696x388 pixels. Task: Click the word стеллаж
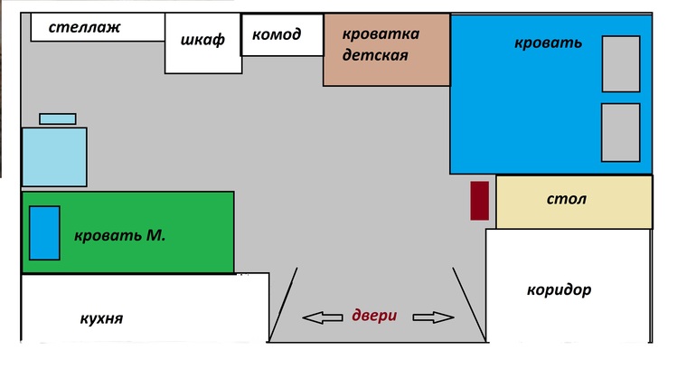pyautogui.click(x=84, y=27)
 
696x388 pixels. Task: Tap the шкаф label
pyautogui.click(x=202, y=40)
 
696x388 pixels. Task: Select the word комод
pyautogui.click(x=277, y=34)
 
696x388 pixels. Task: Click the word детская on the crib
pyautogui.click(x=375, y=55)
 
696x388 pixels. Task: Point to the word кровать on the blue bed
pyautogui.click(x=548, y=43)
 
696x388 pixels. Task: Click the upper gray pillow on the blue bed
pyautogui.click(x=621, y=64)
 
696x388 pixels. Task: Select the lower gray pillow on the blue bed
pyautogui.click(x=621, y=132)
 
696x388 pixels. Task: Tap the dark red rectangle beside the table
pyautogui.click(x=479, y=200)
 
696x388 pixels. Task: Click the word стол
pyautogui.click(x=567, y=199)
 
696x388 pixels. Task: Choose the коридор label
pyautogui.click(x=559, y=290)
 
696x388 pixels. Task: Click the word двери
pyautogui.click(x=374, y=316)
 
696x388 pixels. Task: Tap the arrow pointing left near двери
pyautogui.click(x=323, y=317)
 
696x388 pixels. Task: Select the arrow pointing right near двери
pyautogui.click(x=433, y=317)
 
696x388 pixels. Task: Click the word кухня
pyautogui.click(x=101, y=318)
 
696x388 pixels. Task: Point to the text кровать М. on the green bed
pyautogui.click(x=120, y=235)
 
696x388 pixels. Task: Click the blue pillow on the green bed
pyautogui.click(x=44, y=233)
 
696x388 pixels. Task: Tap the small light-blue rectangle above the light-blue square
pyautogui.click(x=58, y=119)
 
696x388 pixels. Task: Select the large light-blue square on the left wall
pyautogui.click(x=54, y=156)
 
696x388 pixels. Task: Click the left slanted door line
pyautogui.click(x=283, y=305)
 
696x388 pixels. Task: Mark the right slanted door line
pyautogui.click(x=469, y=305)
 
